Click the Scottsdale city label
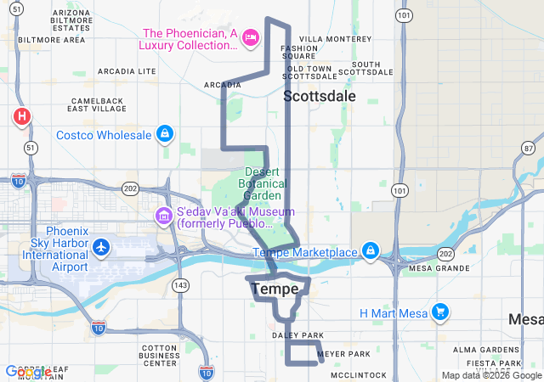(x=320, y=96)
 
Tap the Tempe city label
(x=275, y=289)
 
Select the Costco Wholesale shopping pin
(x=164, y=134)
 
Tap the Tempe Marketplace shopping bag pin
(x=371, y=251)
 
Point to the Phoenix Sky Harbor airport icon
(x=102, y=247)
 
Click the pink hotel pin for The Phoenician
(x=251, y=37)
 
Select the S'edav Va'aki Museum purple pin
(x=162, y=217)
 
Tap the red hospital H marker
(x=21, y=116)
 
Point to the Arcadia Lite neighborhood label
(x=125, y=71)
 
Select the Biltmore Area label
(x=51, y=39)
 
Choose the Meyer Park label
(x=343, y=353)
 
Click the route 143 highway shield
(x=179, y=285)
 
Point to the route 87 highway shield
(x=529, y=148)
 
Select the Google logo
(x=27, y=372)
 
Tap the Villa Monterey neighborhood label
(x=336, y=39)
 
